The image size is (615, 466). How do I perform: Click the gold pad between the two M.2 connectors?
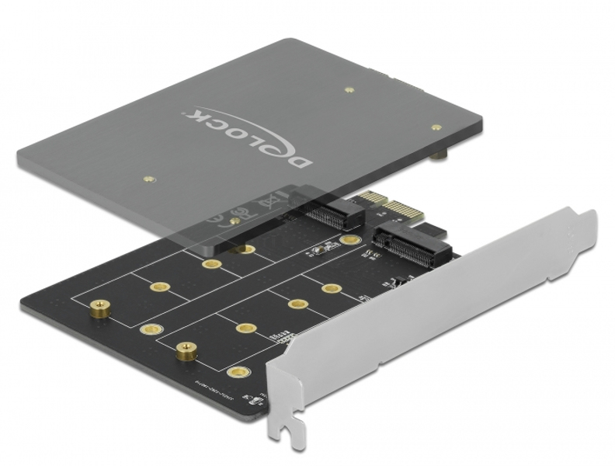pos(347,241)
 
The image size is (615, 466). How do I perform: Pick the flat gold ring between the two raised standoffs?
pos(146,329)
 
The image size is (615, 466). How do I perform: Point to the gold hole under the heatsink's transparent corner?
pos(246,249)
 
